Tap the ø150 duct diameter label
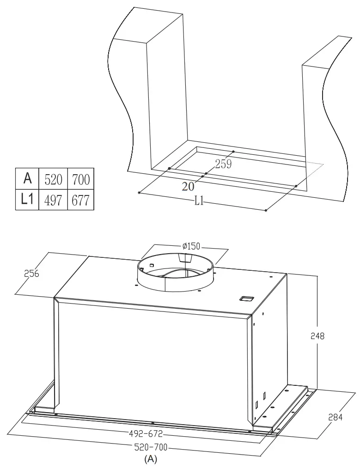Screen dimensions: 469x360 (191, 246)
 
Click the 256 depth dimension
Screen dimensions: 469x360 (32, 273)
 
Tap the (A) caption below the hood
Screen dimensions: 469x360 (151, 459)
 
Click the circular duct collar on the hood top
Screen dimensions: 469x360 (176, 282)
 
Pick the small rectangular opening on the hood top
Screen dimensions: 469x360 (246, 299)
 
